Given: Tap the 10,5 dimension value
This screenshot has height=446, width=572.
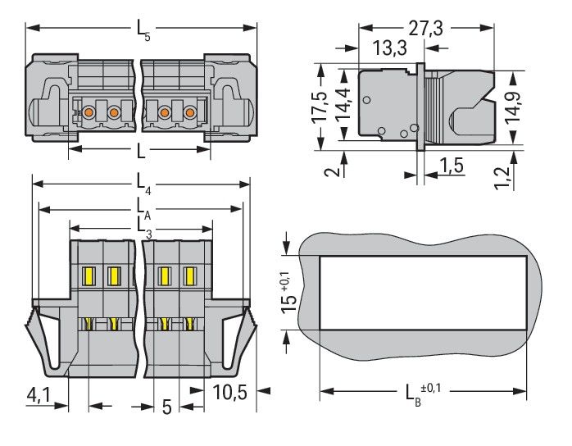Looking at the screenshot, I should click(x=230, y=392).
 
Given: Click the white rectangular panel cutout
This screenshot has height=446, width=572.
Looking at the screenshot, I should click(x=421, y=292).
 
